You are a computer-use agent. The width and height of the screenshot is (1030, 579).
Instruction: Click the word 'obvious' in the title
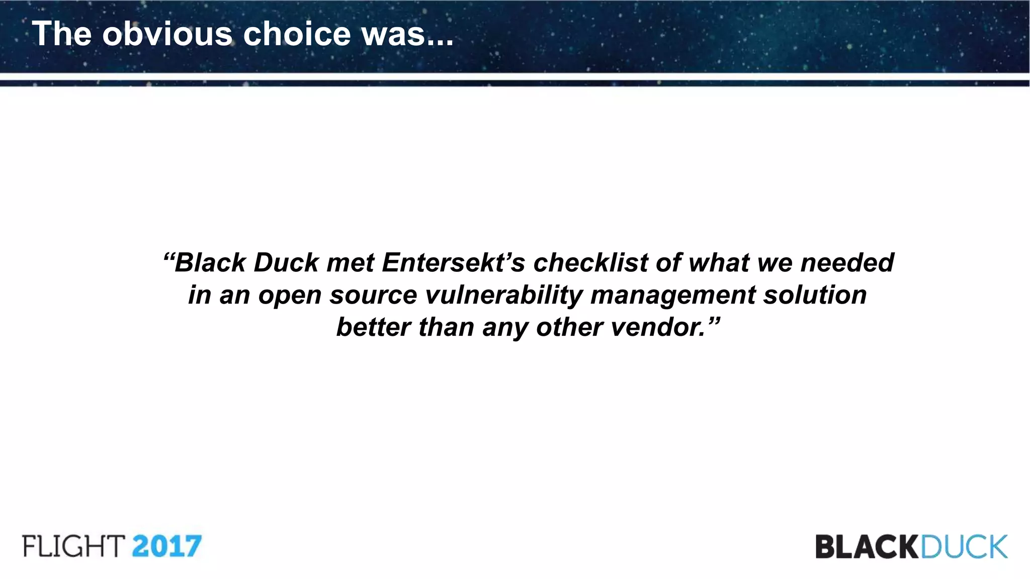coord(167,34)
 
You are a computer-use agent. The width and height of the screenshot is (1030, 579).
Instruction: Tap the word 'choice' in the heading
coord(297,34)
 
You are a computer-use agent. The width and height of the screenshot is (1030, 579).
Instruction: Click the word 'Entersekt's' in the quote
coord(453,263)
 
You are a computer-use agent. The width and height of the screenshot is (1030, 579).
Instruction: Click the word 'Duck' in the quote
coord(286,263)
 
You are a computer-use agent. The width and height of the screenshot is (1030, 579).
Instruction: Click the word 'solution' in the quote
coord(815,295)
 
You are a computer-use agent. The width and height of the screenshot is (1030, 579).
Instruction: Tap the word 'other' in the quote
coord(569,327)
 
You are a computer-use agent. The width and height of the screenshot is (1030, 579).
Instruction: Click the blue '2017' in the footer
coord(167,546)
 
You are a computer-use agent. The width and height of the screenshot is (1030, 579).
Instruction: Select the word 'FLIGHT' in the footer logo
coord(73,546)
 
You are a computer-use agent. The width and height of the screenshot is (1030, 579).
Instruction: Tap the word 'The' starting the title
coord(62,34)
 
